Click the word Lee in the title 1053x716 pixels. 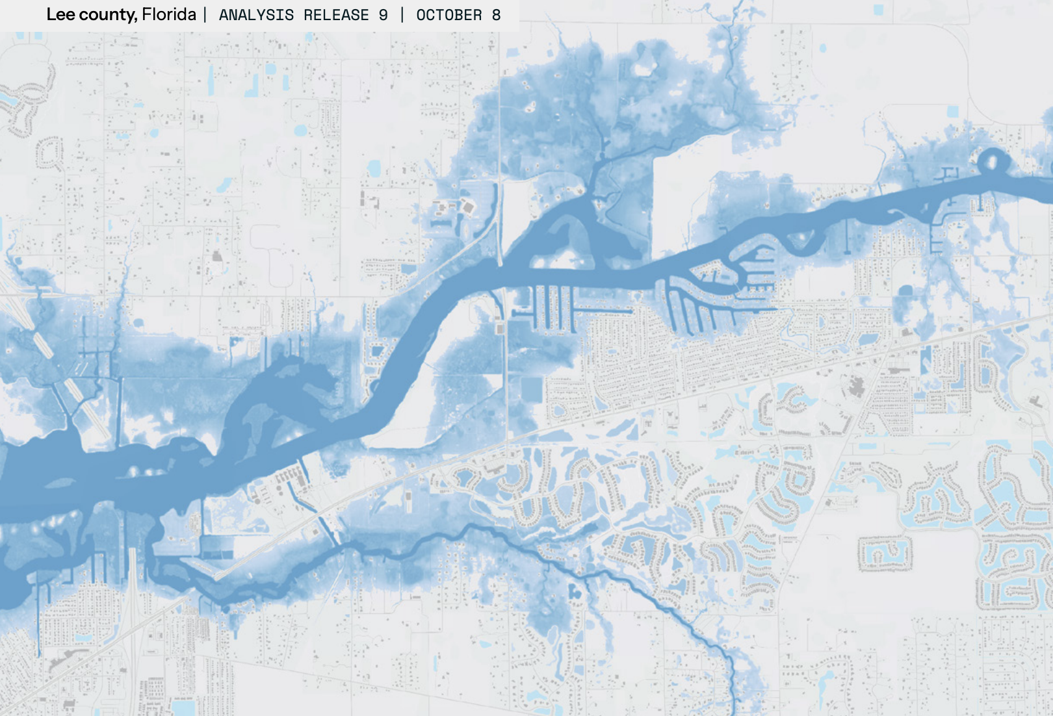click(60, 14)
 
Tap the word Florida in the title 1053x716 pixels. click(169, 14)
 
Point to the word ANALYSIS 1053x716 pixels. click(256, 15)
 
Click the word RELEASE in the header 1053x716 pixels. click(336, 15)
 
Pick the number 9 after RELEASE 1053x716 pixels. click(383, 15)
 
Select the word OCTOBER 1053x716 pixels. click(449, 15)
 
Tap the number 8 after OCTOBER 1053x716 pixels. click(497, 15)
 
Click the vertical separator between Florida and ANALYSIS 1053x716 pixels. click(205, 15)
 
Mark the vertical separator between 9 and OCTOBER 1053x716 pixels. click(402, 15)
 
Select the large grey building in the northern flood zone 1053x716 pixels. click(469, 207)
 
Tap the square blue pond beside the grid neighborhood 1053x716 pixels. click(531, 389)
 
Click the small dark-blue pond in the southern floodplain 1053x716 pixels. click(575, 592)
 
